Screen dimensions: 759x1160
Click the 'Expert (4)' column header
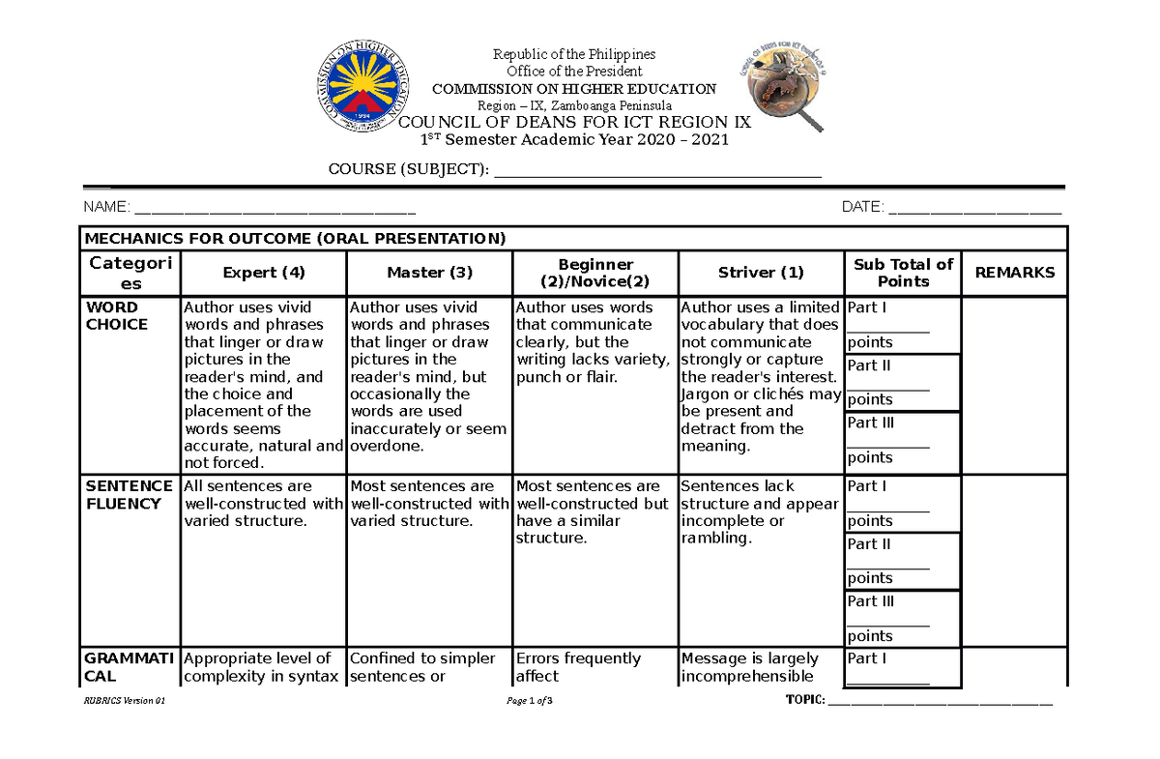(x=264, y=273)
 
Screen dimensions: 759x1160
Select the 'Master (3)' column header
(x=430, y=273)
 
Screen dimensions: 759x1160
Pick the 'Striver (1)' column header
(x=761, y=273)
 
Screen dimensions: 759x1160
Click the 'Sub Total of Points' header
(x=903, y=273)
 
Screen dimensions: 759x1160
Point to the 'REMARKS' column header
(x=1015, y=273)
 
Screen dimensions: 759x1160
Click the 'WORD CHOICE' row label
(x=117, y=316)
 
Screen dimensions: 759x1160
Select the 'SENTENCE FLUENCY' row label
(x=129, y=495)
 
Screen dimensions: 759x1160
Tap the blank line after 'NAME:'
(x=275, y=209)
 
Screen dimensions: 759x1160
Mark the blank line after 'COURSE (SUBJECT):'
(x=657, y=172)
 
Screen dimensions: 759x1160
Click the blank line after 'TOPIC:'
(x=941, y=701)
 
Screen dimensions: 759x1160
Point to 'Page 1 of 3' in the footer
(x=529, y=701)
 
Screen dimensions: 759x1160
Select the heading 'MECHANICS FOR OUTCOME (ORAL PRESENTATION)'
(x=295, y=238)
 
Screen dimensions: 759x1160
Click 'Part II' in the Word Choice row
(x=869, y=365)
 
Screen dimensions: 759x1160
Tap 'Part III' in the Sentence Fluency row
(x=871, y=601)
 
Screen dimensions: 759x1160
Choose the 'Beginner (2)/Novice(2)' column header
(x=595, y=273)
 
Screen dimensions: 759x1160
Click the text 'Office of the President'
(x=574, y=71)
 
